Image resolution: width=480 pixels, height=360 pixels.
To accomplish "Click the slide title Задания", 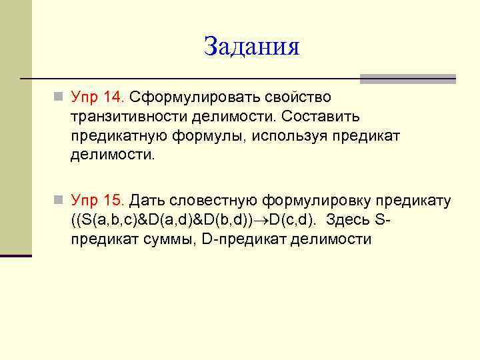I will point(252,47).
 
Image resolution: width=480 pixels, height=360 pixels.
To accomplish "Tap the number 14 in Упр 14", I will point(113,98).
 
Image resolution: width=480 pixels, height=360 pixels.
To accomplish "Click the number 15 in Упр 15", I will point(113,201).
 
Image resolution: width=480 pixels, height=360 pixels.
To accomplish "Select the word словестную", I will point(215,201).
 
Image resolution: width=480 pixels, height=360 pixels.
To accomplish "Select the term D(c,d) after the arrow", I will point(295,220).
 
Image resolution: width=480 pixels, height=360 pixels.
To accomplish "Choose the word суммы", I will point(165,239).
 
